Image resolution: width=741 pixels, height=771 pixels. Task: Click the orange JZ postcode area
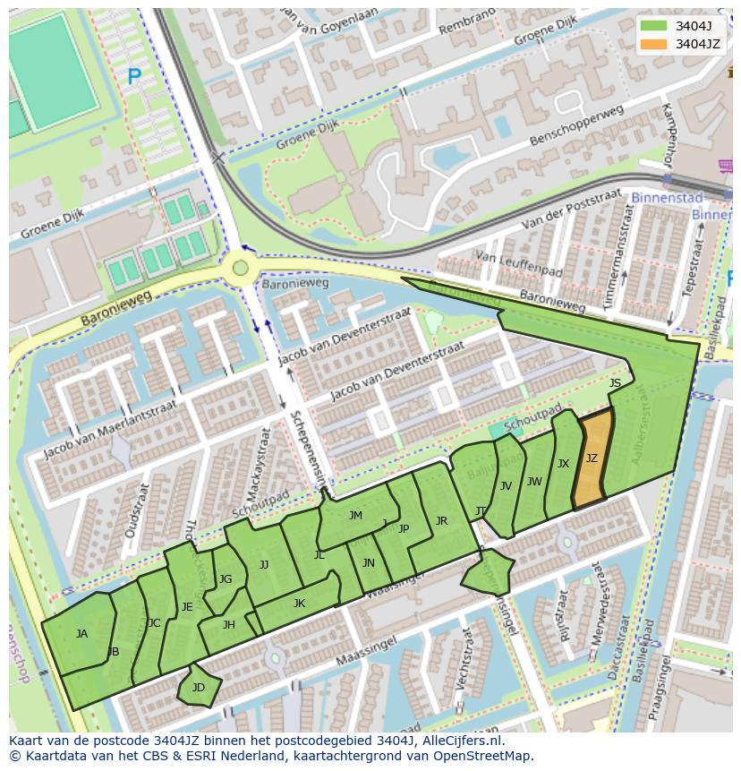coord(592,458)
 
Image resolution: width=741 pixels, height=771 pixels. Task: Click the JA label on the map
coord(81,634)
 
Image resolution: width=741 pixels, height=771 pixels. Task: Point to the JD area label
coord(199,688)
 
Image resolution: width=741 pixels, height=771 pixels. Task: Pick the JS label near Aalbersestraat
coord(615,383)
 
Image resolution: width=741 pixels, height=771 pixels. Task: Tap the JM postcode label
coord(355,516)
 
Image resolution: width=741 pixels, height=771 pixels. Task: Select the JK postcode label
coord(299,604)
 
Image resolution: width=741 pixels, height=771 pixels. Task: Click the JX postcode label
coord(563,464)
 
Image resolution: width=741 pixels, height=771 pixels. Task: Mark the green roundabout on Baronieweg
coord(239,266)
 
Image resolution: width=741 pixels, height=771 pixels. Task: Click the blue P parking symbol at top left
coord(134,78)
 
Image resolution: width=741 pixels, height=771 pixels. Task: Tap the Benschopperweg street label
coord(576,127)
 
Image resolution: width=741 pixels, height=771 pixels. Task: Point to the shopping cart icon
coord(726,166)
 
